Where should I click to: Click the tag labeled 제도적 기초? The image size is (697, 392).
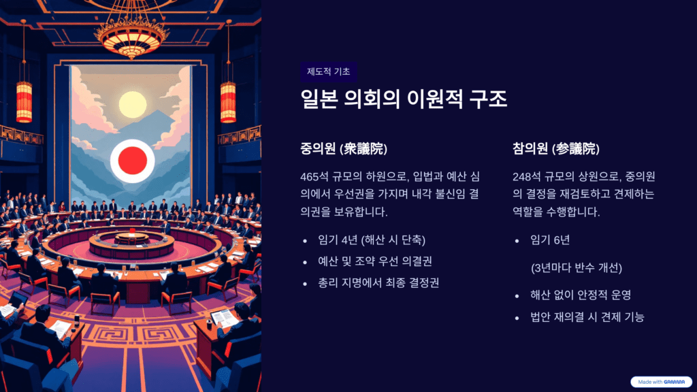point(329,72)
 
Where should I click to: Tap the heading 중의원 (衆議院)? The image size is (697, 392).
point(344,148)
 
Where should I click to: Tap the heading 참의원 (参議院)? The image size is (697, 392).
point(556,148)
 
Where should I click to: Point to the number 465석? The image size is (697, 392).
point(315,177)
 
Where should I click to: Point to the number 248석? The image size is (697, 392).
point(528,177)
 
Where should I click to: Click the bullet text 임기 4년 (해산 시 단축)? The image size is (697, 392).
point(372,240)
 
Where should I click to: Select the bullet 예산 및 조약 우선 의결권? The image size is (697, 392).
point(375,261)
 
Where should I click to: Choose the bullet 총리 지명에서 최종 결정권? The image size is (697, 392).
point(378,282)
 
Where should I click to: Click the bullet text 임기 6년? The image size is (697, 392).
point(550,240)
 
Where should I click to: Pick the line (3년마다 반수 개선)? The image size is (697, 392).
point(577,267)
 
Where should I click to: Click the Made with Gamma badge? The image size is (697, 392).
point(660,382)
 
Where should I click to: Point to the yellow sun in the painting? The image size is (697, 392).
point(133,104)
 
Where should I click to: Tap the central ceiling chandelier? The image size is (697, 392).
point(131,31)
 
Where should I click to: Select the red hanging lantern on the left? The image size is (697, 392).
point(25,102)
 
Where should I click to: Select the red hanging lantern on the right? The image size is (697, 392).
point(228,102)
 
